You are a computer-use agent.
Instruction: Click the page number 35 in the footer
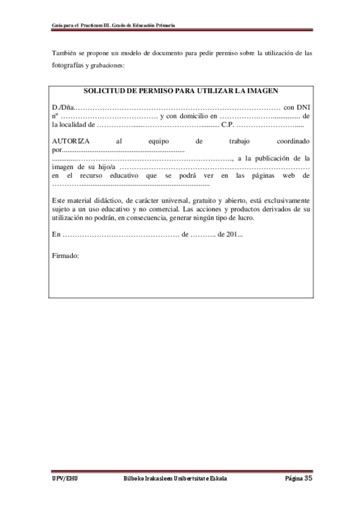click(x=308, y=478)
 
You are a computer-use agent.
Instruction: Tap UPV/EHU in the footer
click(x=65, y=479)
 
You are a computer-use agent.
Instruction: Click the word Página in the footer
click(x=294, y=479)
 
